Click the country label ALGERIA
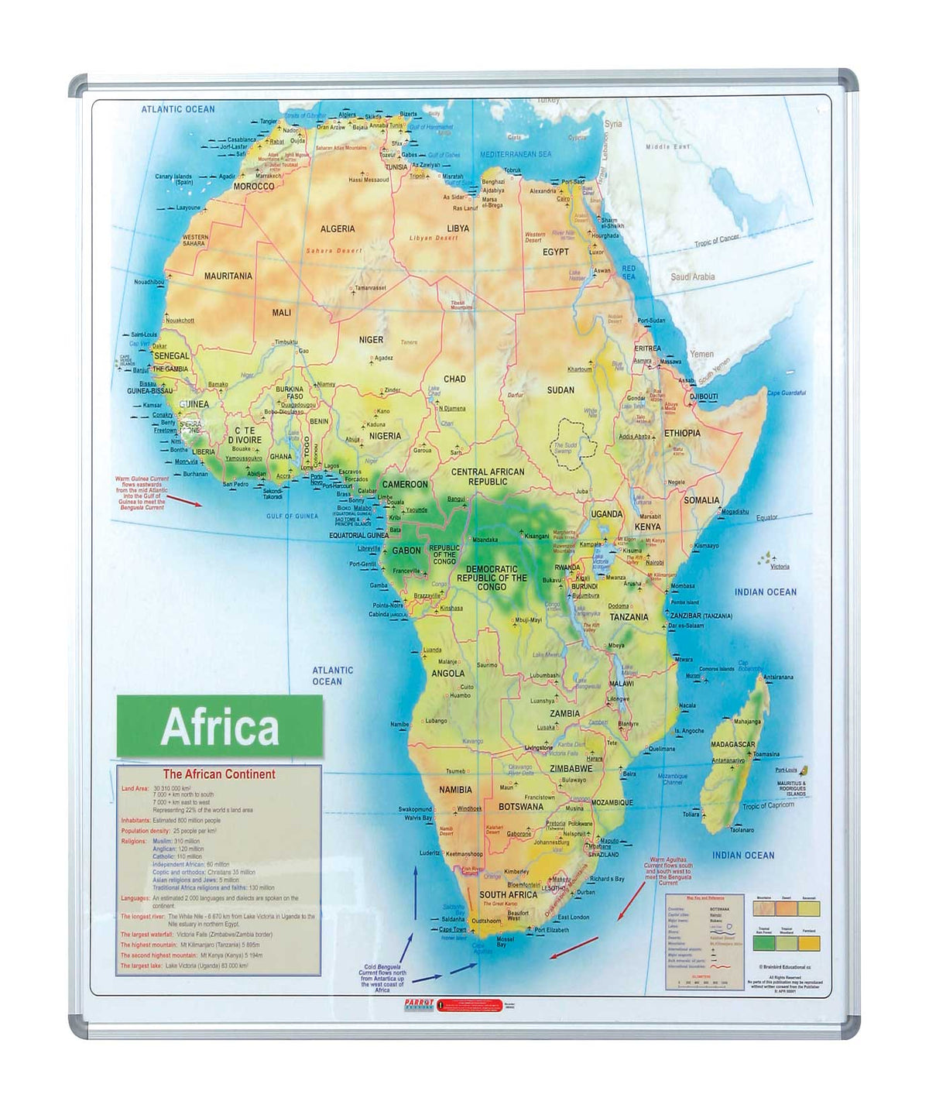point(338,229)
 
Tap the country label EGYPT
point(555,252)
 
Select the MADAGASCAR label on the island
point(732,745)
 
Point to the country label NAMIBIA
point(455,791)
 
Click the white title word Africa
point(220,727)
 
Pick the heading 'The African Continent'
point(219,774)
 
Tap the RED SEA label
point(628,273)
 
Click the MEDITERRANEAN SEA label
point(516,155)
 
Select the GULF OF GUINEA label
point(292,516)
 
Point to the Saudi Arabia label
point(692,277)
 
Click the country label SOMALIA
point(701,501)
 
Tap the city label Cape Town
point(453,930)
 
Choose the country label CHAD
point(454,379)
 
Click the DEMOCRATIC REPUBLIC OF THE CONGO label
point(492,578)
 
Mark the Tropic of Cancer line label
point(716,242)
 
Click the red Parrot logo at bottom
point(419,1004)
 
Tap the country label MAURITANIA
point(228,276)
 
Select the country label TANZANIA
point(629,618)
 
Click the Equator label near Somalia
point(766,518)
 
